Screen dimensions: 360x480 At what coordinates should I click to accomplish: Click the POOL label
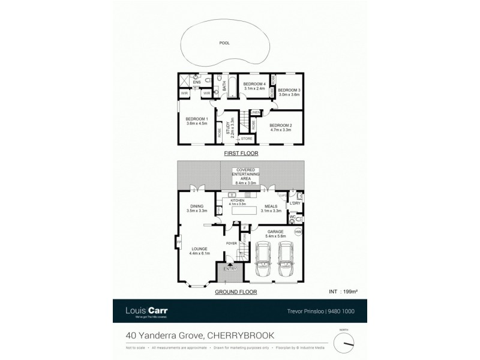[x=224, y=43]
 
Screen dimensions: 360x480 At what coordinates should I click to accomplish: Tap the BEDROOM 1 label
[x=196, y=119]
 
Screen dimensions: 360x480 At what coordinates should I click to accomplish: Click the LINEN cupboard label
[x=255, y=112]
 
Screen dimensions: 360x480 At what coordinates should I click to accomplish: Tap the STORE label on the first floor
[x=247, y=139]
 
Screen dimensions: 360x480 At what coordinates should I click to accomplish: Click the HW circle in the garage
[x=298, y=232]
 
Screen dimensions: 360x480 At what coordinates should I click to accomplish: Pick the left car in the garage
[x=263, y=259]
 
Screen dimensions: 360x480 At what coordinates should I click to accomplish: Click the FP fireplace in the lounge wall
[x=178, y=242]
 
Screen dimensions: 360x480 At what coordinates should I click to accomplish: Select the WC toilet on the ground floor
[x=299, y=220]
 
